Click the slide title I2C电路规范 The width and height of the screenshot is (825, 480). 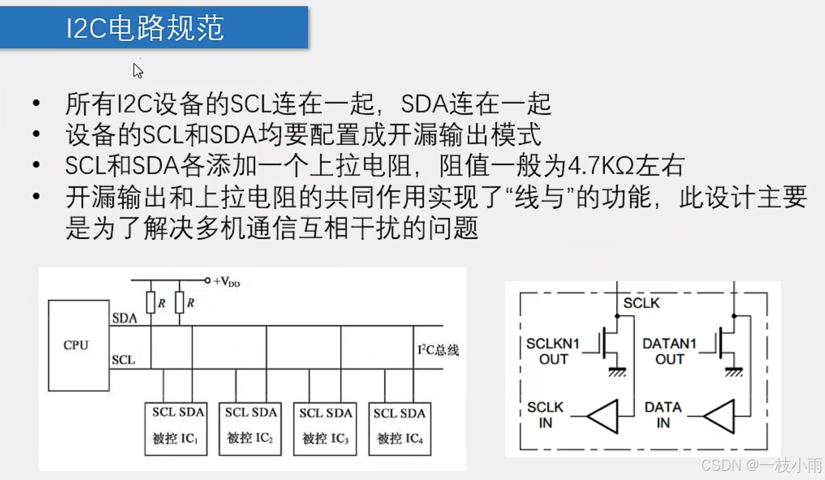(x=145, y=28)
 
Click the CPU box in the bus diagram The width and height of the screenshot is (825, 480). (x=78, y=345)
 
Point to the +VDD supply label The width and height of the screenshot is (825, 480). (x=226, y=282)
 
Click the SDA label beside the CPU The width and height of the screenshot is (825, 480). (x=124, y=318)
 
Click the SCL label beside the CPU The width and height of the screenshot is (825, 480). (x=123, y=360)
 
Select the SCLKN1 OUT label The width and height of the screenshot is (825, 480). (x=553, y=351)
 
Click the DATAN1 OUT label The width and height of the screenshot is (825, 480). (x=669, y=351)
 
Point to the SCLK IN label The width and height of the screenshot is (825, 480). (x=545, y=414)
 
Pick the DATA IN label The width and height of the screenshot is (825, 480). (x=663, y=414)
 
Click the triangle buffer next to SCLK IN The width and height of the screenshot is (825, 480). (x=602, y=415)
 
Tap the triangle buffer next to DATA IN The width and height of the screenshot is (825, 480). (x=719, y=415)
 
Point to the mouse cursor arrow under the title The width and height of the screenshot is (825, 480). (x=137, y=70)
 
